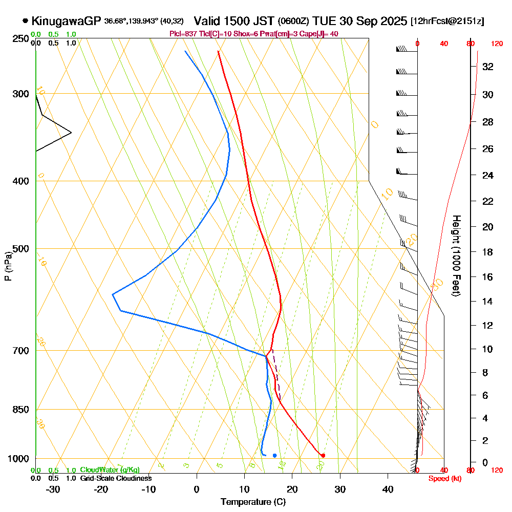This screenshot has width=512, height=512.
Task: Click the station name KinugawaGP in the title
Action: click(x=67, y=21)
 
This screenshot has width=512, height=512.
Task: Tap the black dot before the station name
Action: click(x=26, y=21)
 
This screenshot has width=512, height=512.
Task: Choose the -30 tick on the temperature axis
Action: click(x=53, y=489)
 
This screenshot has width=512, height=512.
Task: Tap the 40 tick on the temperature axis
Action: click(x=388, y=489)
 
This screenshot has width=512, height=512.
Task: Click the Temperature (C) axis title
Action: click(x=253, y=502)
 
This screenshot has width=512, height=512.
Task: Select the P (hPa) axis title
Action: click(x=8, y=266)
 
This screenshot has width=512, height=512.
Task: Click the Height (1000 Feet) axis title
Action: click(x=455, y=255)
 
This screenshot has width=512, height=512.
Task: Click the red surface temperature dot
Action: click(x=323, y=455)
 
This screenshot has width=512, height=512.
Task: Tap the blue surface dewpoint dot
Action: click(x=275, y=455)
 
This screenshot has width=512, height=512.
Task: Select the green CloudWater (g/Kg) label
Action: click(x=110, y=470)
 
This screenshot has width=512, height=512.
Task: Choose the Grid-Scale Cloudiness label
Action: click(x=116, y=478)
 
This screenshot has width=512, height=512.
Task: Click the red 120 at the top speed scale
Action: click(x=497, y=44)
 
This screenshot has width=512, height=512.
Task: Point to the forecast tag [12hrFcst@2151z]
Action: click(x=447, y=22)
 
